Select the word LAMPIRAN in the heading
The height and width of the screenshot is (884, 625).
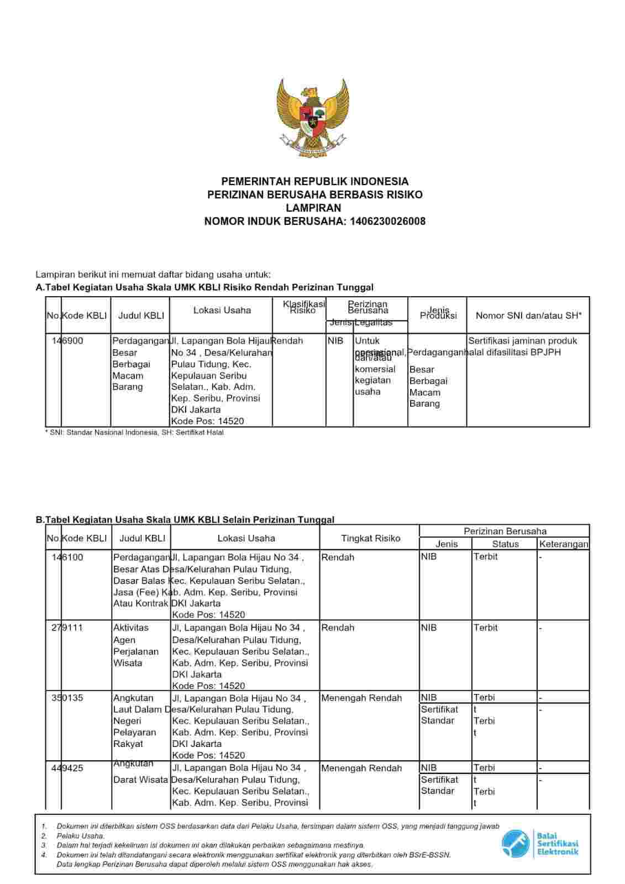313,208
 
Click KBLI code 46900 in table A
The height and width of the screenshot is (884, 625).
72,341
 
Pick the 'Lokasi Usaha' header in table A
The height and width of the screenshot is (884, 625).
222,311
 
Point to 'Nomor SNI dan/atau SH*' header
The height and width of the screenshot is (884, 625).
528,315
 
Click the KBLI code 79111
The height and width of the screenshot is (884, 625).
72,628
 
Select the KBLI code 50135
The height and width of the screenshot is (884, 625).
72,698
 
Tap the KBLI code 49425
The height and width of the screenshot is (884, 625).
72,768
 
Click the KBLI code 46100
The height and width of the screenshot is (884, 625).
72,557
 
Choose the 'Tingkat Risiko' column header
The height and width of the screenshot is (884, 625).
370,538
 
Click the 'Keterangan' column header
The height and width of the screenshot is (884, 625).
564,544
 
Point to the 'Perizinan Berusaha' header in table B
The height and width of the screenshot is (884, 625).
505,532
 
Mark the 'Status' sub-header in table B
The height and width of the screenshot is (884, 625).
505,544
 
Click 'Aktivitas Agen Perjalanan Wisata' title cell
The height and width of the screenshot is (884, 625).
136,645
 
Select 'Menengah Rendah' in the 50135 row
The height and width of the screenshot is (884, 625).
361,698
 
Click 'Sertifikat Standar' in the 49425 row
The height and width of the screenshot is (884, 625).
439,785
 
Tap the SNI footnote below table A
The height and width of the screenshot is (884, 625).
134,433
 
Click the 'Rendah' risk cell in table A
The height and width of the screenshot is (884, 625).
287,341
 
